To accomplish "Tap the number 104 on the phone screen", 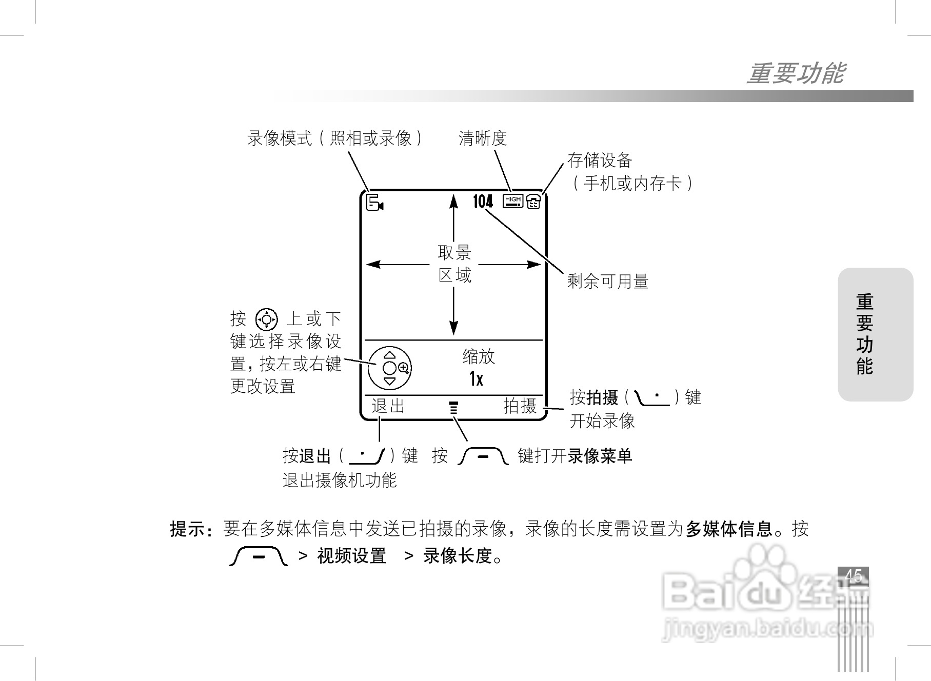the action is [483, 202].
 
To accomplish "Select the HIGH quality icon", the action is [513, 201].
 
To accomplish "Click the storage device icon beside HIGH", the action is [533, 202].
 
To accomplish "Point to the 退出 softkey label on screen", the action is [388, 406].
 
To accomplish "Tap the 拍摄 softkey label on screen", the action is [520, 406].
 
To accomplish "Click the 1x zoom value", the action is [476, 379].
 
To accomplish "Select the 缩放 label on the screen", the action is [478, 356].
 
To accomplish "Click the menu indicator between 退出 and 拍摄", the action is [453, 408].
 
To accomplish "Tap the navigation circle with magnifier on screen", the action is [390, 368].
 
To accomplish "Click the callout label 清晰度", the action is [482, 138].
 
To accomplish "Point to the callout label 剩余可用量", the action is [607, 281].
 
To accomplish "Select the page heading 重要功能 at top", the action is [795, 73].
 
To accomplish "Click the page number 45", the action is [853, 575].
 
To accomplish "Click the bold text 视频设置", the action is [352, 556].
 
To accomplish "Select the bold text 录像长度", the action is [458, 556].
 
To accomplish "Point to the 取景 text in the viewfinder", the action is [454, 252].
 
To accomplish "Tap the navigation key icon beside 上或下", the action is [266, 319].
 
